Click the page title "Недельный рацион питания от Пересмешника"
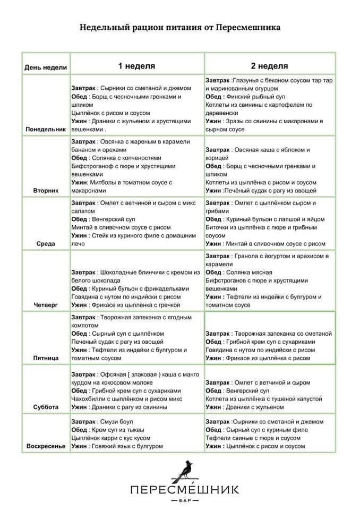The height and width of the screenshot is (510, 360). tap(180, 27)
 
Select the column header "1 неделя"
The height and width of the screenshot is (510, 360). tap(136, 66)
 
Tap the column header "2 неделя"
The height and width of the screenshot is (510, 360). tap(270, 66)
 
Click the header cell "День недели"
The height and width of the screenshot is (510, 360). tap(46, 67)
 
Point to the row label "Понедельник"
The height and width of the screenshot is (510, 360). tap(46, 129)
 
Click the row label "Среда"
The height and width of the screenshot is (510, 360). tap(46, 244)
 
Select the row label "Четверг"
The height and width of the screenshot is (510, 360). tap(46, 305)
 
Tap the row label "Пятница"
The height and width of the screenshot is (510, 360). tap(46, 359)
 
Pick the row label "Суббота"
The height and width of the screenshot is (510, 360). tap(46, 407)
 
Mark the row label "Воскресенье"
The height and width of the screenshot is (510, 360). tap(46, 446)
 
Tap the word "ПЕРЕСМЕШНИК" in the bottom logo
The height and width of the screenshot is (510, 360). tap(184, 489)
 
